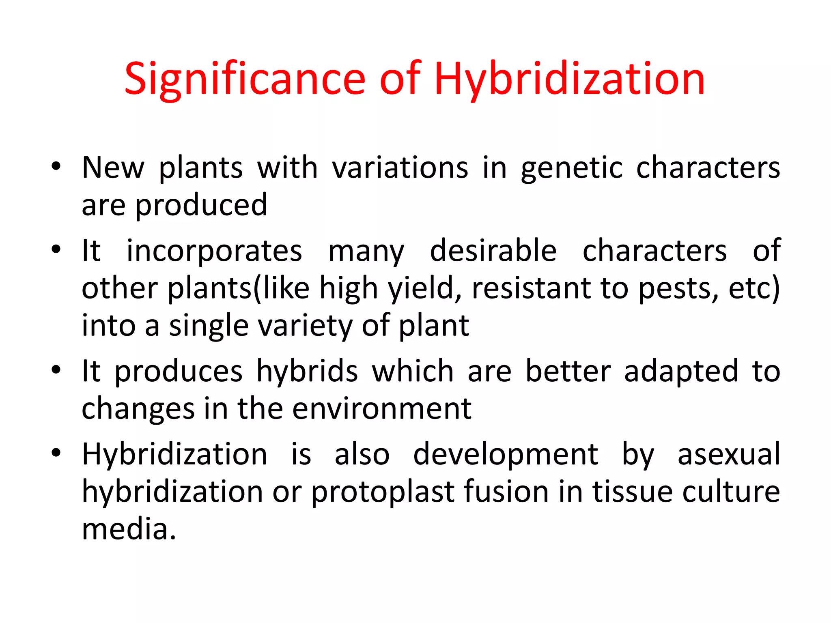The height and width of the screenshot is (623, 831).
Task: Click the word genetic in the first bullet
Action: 571,168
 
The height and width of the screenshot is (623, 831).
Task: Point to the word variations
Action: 400,168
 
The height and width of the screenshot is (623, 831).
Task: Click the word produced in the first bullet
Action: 201,206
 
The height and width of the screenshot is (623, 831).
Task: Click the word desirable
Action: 493,250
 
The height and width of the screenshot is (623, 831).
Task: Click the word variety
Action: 301,326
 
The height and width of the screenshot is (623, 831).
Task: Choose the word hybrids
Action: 307,371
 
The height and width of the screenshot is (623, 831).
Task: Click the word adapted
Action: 681,372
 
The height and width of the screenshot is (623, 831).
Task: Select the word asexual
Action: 729,454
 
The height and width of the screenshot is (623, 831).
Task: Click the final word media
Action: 129,529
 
